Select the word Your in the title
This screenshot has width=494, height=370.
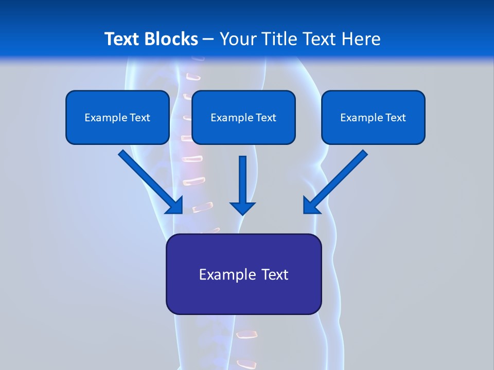237,39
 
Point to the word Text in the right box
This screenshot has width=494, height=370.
396,118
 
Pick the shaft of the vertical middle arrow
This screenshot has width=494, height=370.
243,177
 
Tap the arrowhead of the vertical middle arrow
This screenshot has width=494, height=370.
243,208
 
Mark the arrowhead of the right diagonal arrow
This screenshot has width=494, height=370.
311,206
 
